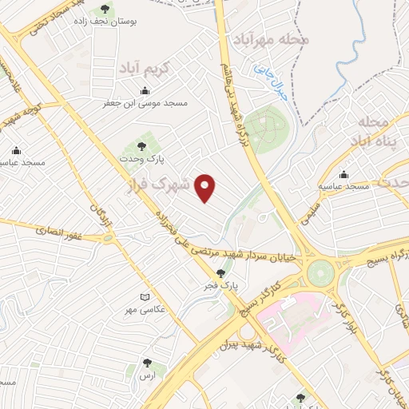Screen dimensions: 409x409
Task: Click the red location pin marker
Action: coord(206,187)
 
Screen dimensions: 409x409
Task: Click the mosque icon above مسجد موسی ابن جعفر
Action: coord(144,90)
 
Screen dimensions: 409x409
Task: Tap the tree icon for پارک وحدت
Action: coord(141,146)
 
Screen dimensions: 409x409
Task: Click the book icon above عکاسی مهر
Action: coord(145,297)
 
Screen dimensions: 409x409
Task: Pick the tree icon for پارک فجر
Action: coord(231,273)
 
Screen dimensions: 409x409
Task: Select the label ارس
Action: coord(146,375)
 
